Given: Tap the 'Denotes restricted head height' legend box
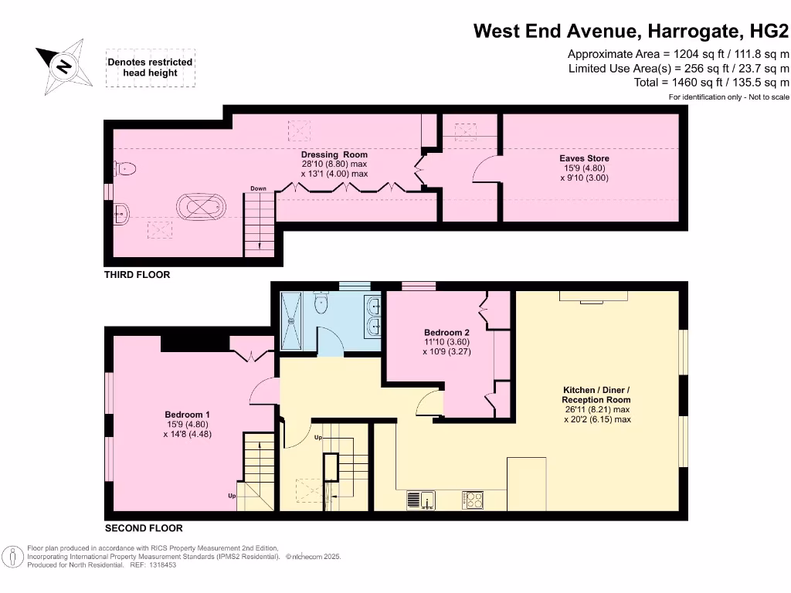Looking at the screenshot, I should (x=150, y=68).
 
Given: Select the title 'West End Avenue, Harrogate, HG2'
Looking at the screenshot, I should (x=630, y=31).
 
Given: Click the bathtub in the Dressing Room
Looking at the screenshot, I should (x=202, y=207).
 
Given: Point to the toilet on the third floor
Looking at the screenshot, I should (x=125, y=168).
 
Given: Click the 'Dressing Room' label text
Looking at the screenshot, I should (x=334, y=154).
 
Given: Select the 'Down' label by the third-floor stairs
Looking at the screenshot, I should (x=258, y=189).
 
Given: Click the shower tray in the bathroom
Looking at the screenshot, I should (x=294, y=317).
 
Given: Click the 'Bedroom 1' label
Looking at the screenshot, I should (x=187, y=415).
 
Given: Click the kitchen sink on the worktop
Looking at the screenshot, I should (x=421, y=500).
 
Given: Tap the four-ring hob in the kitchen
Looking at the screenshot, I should (x=473, y=500).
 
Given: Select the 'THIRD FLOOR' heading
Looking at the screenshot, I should (x=137, y=275).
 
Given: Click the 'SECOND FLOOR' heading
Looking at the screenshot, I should (x=144, y=529).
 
